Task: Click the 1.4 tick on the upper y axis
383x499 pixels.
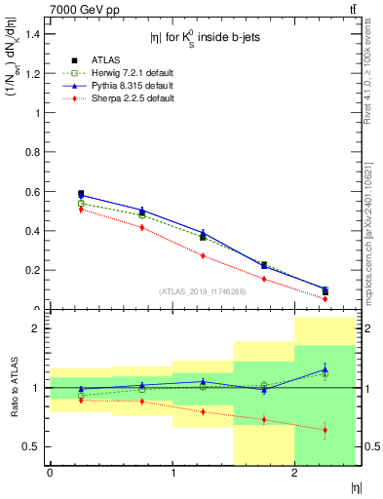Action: tap(34, 34)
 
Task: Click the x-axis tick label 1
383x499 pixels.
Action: tap(172, 473)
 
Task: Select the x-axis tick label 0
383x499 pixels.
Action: tap(50, 473)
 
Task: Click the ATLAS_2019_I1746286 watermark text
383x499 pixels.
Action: tap(203, 290)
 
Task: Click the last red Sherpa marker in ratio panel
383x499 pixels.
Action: tap(325, 430)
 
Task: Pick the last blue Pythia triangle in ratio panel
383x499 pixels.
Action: tap(325, 368)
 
